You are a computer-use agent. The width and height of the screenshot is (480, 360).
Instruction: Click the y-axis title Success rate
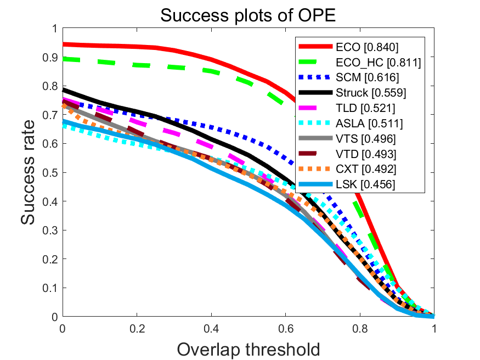[x=31, y=172]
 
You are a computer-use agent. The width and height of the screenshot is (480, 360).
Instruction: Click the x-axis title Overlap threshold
[x=248, y=349]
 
